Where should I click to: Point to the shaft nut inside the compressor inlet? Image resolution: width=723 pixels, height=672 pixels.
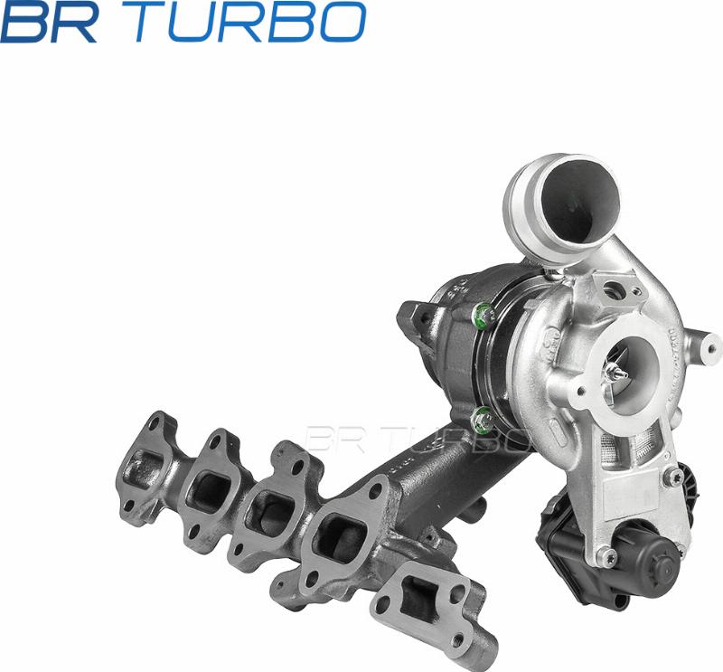pyautogui.click(x=618, y=371)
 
